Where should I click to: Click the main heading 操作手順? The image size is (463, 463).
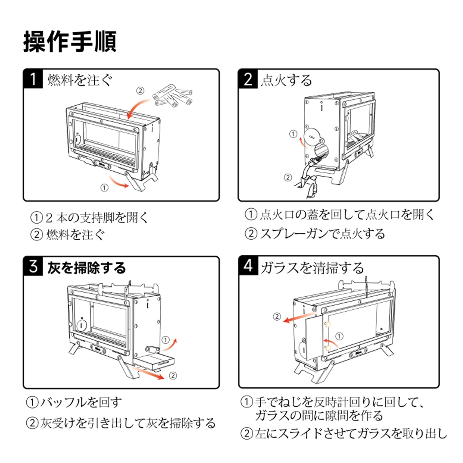tap(70, 42)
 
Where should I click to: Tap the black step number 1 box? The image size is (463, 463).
tap(33, 79)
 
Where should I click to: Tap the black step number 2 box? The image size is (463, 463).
tap(248, 79)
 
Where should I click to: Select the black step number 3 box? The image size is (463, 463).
tap(33, 266)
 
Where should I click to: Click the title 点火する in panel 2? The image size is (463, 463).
tap(286, 80)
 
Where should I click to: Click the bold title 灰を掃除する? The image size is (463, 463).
tap(87, 268)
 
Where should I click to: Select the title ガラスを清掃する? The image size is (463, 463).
tap(312, 268)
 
